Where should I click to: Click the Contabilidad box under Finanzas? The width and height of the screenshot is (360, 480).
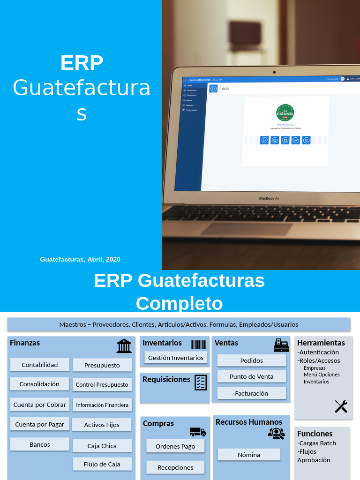click(40, 365)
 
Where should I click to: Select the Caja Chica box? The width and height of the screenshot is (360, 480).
click(102, 446)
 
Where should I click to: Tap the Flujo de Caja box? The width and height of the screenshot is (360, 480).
click(102, 464)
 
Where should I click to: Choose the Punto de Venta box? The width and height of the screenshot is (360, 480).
click(252, 376)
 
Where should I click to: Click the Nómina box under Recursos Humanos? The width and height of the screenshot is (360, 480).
click(249, 455)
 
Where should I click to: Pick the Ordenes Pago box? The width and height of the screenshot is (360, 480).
click(175, 446)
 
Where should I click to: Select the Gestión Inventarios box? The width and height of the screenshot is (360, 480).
click(176, 358)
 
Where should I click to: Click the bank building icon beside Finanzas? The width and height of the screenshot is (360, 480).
click(124, 346)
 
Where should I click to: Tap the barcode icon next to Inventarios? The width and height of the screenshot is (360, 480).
click(199, 345)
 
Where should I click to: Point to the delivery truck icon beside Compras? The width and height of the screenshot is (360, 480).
click(198, 432)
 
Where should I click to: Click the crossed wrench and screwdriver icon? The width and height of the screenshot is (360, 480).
click(341, 406)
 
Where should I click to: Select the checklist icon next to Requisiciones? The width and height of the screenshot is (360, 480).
click(201, 382)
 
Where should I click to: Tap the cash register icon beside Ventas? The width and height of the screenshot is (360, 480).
click(281, 345)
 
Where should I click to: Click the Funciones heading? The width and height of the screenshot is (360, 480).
click(315, 434)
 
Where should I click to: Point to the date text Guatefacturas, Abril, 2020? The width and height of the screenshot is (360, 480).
click(80, 259)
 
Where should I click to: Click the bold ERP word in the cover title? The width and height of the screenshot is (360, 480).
click(82, 63)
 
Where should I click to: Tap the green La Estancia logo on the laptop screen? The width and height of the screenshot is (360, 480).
click(285, 113)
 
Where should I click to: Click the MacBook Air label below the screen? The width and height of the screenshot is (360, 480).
click(270, 198)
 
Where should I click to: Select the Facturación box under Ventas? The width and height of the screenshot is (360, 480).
click(252, 393)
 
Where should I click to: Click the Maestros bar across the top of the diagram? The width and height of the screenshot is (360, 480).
click(179, 324)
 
